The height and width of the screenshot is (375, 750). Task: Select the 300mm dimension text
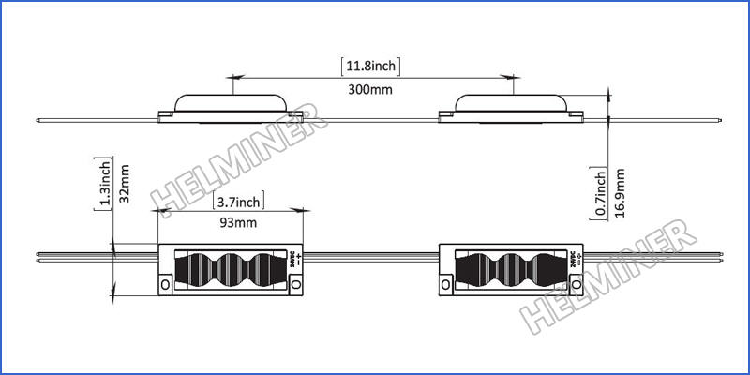click(x=369, y=90)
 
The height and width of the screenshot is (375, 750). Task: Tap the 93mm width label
click(x=236, y=222)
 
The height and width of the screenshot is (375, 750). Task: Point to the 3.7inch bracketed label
click(x=237, y=201)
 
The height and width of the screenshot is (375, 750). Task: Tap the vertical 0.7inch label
click(x=600, y=193)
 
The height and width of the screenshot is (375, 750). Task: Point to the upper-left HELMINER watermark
click(x=239, y=159)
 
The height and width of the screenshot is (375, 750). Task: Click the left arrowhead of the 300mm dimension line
click(x=234, y=77)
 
